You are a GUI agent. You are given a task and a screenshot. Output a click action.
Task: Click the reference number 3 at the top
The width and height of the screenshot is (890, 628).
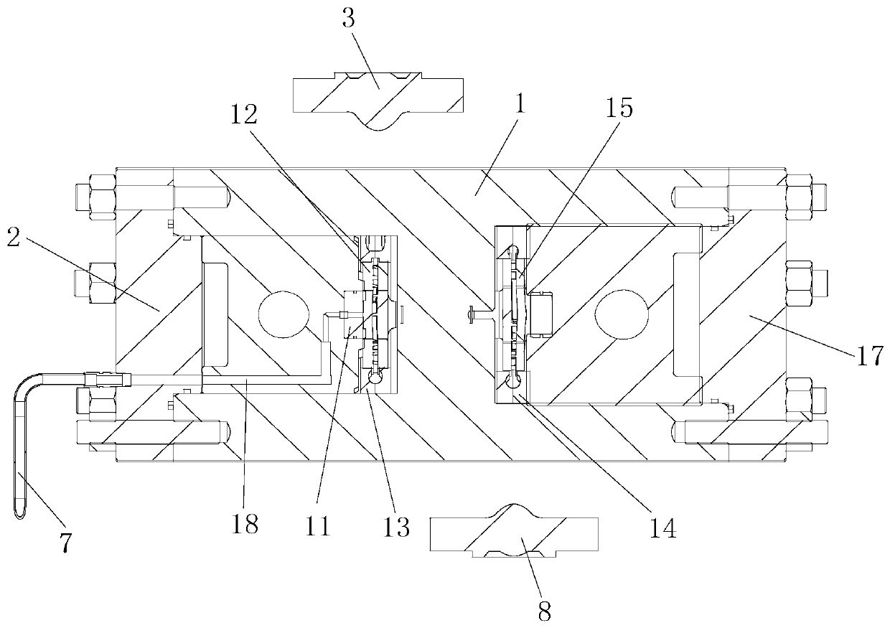click(349, 18)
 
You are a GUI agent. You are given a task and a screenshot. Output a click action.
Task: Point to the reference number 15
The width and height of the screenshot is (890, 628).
click(620, 108)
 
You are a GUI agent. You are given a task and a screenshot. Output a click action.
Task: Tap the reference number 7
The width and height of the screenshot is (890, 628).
click(65, 543)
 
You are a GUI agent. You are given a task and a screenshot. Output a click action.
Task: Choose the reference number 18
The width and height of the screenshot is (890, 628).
click(245, 525)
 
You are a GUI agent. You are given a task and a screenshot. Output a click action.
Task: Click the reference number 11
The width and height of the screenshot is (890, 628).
click(317, 528)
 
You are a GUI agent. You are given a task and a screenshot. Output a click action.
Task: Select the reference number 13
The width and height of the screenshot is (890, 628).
click(396, 528)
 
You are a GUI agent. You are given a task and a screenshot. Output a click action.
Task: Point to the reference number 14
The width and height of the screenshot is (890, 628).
click(662, 528)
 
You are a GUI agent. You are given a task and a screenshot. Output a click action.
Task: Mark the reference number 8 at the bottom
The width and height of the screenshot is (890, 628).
click(545, 611)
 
